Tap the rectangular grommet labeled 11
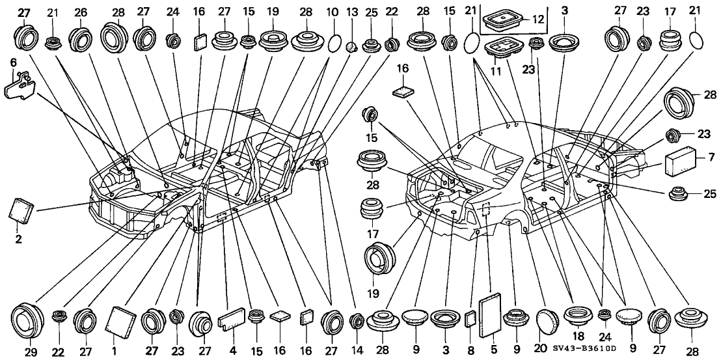click(506, 47)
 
